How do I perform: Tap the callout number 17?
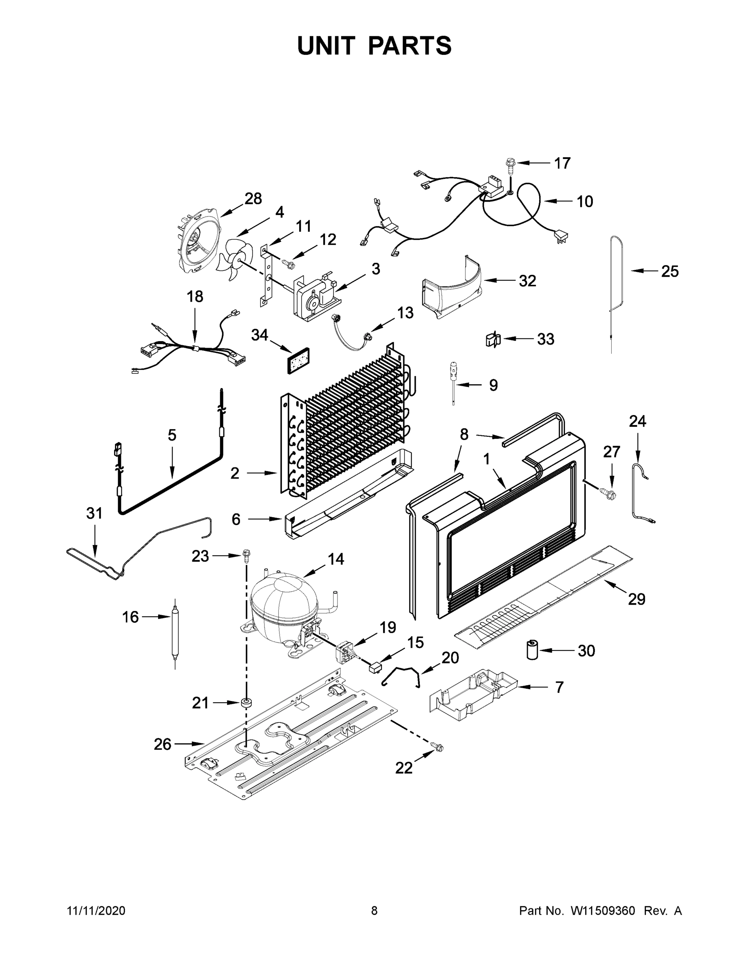point(563,163)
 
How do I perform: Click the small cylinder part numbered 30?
point(532,650)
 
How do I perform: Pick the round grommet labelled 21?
point(246,703)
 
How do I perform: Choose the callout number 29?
point(636,599)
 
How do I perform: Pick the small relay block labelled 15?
point(375,666)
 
